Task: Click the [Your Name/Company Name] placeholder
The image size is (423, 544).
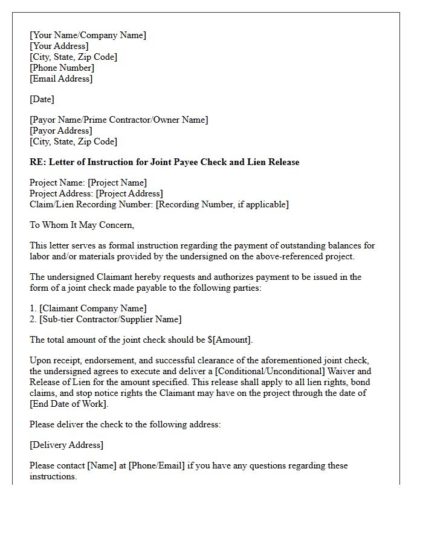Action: tap(88, 35)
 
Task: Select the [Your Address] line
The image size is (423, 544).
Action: tap(59, 46)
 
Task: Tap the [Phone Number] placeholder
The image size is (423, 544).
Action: tap(62, 68)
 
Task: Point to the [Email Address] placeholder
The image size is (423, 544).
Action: tap(61, 79)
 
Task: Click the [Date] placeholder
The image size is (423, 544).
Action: tap(42, 99)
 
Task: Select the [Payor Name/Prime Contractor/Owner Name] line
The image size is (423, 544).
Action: tap(118, 120)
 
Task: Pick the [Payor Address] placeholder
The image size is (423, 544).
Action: tap(60, 131)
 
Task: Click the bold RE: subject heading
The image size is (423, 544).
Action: tap(164, 162)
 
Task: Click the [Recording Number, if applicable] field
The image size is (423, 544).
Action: tap(222, 204)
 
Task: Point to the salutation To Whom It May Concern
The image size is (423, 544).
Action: tap(82, 225)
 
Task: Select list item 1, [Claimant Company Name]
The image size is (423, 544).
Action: tap(92, 308)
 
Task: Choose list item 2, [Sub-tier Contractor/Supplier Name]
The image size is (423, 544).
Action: tap(110, 319)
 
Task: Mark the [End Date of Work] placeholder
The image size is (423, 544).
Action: tap(68, 404)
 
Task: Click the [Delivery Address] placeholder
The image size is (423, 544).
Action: tap(66, 445)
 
